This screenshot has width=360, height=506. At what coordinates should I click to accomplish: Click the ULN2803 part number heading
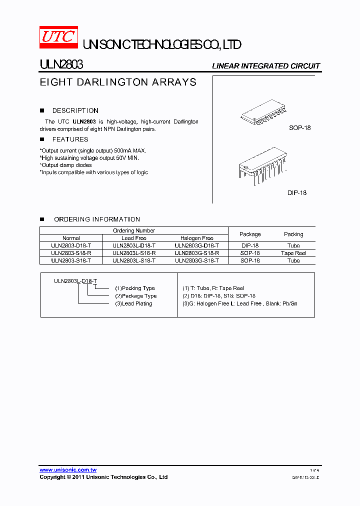point(61,65)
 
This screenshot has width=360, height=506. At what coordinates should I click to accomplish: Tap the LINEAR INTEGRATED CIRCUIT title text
point(266,66)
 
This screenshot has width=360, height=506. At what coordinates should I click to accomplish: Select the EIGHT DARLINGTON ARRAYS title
point(118,82)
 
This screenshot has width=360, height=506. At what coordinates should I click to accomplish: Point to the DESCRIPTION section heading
point(75,110)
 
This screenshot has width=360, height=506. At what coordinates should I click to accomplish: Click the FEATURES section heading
point(70,139)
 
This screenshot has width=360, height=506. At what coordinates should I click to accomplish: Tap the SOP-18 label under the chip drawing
point(299,128)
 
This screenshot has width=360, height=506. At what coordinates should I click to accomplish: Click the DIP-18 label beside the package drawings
point(297,192)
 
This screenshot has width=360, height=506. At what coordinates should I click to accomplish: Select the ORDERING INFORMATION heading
point(96,219)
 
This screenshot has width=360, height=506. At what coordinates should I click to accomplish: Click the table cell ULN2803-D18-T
point(71,245)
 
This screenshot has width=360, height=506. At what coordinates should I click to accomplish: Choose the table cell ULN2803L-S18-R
point(134,253)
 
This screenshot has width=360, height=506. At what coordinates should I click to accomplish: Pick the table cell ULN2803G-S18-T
point(197,260)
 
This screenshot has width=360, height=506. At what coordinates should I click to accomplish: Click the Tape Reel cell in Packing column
point(293,253)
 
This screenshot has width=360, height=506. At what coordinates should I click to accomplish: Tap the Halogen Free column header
point(197,238)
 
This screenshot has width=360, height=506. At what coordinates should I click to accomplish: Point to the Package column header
point(250,234)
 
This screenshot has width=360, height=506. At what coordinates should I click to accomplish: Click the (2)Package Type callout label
point(136,296)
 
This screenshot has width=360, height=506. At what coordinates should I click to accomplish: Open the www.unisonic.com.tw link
point(68,470)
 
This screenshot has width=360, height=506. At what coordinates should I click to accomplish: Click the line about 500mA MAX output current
point(93,150)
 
